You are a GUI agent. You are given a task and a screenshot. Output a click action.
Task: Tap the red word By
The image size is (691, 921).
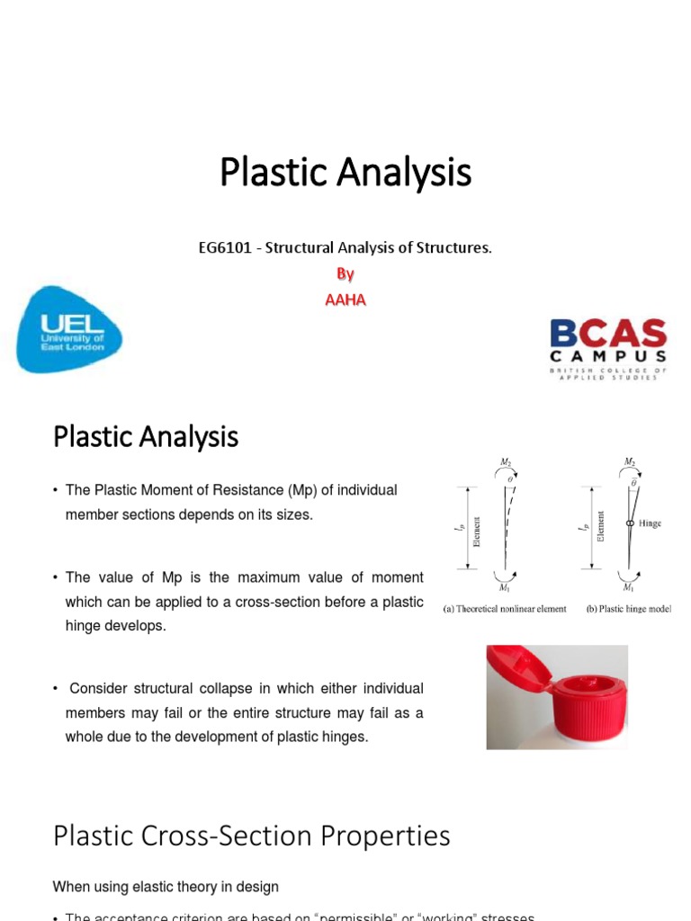click(x=345, y=274)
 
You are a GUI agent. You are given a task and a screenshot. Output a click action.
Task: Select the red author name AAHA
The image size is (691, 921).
click(x=345, y=300)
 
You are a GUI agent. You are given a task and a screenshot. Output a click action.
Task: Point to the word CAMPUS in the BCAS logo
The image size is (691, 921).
click(x=608, y=356)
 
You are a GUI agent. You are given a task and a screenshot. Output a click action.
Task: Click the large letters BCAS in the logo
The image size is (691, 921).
click(x=608, y=334)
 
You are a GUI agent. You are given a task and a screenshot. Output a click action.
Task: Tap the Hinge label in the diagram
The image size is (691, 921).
click(x=649, y=523)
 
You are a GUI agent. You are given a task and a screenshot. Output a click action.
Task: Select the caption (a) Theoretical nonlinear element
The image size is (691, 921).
click(x=505, y=609)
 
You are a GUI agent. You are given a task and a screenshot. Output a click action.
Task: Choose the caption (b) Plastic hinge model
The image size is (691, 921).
click(x=629, y=609)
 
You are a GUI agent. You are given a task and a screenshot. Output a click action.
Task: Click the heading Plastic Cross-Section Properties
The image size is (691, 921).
click(x=252, y=836)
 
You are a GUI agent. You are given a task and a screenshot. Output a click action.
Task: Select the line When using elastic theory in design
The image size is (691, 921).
click(x=166, y=887)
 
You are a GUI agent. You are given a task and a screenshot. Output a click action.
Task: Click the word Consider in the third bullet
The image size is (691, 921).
click(x=98, y=688)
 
